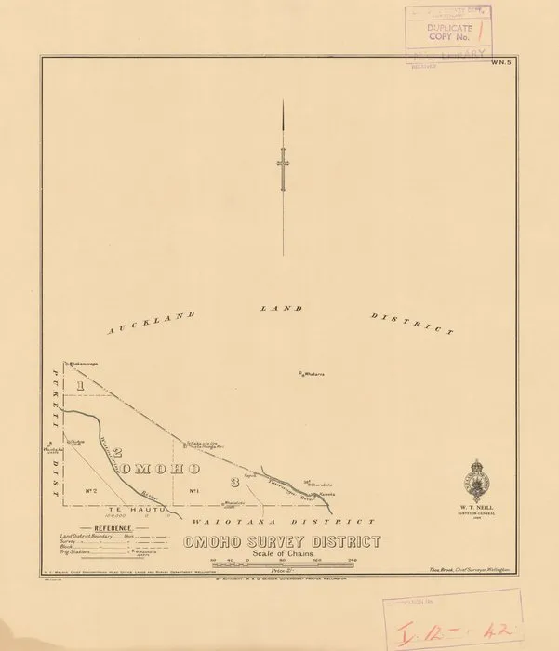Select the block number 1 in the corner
coord(81,383)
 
